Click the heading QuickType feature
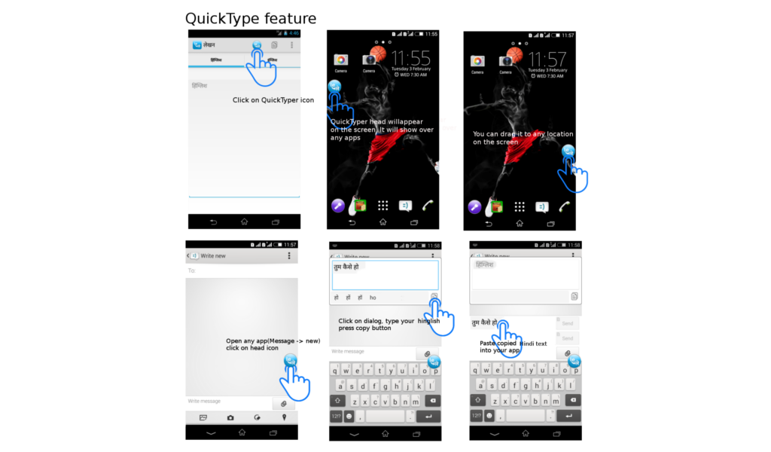(x=251, y=18)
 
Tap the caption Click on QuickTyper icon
(x=273, y=100)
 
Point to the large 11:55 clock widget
(x=410, y=58)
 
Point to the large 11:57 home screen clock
(x=547, y=58)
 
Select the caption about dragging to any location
(x=523, y=138)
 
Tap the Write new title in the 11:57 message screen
(x=213, y=256)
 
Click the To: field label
(x=192, y=270)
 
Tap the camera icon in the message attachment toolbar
(x=230, y=417)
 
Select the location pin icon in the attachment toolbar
(x=284, y=417)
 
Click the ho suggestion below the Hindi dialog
(x=373, y=298)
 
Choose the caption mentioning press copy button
(x=389, y=325)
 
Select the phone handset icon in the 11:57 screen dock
(x=564, y=206)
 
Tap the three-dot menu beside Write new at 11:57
(x=289, y=256)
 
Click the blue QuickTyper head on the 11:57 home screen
(x=568, y=152)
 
